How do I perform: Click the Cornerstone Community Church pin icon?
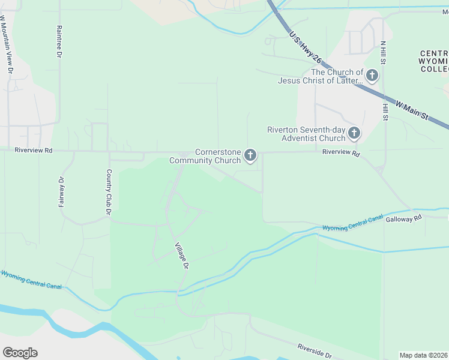pyautogui.click(x=250, y=156)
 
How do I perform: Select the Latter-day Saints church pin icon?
pyautogui.click(x=372, y=76)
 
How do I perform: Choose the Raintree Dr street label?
pyautogui.click(x=59, y=41)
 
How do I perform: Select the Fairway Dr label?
pyautogui.click(x=61, y=191)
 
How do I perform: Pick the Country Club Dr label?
pyautogui.click(x=109, y=192)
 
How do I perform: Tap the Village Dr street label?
pyautogui.click(x=182, y=256)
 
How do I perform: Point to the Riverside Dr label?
pyautogui.click(x=315, y=352)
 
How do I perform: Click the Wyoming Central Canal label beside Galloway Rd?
pyautogui.click(x=352, y=224)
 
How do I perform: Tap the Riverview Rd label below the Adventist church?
pyautogui.click(x=340, y=153)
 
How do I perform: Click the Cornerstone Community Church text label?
pyautogui.click(x=205, y=156)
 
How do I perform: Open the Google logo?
pyautogui.click(x=20, y=353)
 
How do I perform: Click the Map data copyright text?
pyautogui.click(x=423, y=355)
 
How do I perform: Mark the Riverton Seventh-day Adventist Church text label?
pyautogui.click(x=306, y=134)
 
